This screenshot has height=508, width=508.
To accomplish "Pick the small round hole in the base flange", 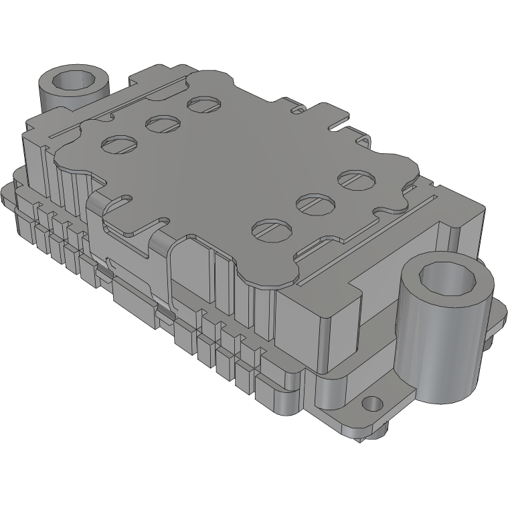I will [370, 405].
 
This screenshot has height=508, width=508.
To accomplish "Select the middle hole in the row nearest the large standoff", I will [314, 203].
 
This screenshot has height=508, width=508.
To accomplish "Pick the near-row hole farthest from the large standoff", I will [272, 228].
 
